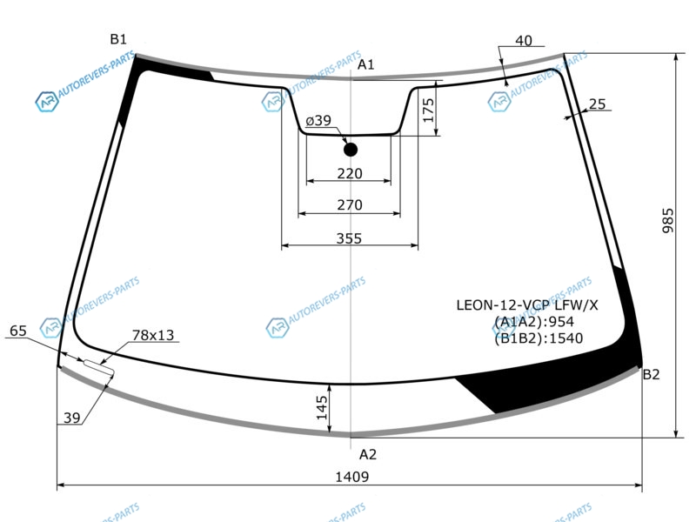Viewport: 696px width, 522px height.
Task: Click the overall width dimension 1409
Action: (351, 477)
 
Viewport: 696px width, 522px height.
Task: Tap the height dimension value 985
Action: (667, 221)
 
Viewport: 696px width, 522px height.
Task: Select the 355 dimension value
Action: (349, 238)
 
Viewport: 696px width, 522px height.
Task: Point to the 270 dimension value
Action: (350, 205)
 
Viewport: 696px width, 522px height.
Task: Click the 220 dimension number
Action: (350, 173)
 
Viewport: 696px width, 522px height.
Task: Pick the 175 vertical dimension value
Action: (428, 110)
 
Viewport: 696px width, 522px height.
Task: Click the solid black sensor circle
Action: (351, 150)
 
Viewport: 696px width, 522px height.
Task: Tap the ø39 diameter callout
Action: (318, 120)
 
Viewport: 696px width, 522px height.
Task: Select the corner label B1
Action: (118, 39)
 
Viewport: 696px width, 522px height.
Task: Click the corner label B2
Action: (651, 375)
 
